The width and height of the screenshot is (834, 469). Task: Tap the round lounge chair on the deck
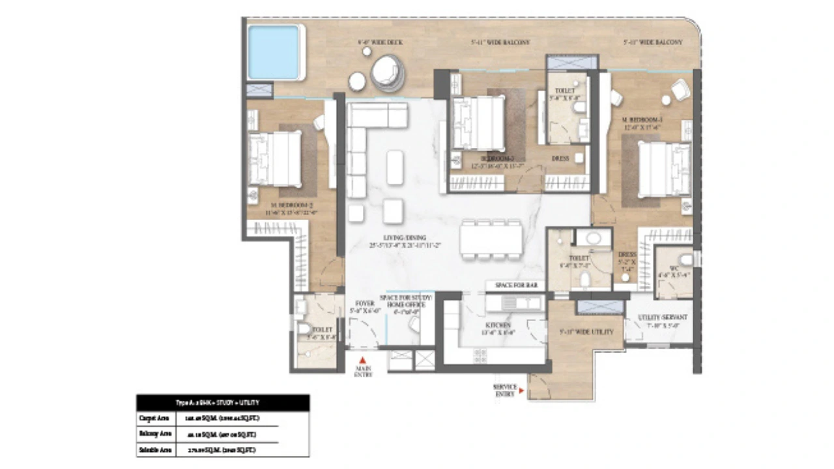tap(387, 72)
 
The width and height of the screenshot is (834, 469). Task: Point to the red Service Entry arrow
tap(521, 393)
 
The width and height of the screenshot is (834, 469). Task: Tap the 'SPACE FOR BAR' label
tap(517, 286)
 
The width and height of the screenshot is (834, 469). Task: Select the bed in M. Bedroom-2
tap(274, 159)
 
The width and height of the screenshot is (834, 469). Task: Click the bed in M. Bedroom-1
tap(664, 169)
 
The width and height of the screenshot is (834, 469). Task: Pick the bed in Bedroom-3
tap(478, 124)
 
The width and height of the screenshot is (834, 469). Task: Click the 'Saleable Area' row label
tap(155, 449)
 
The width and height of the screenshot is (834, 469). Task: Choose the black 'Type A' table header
tap(222, 403)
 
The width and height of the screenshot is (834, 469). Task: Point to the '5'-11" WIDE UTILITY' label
tap(586, 332)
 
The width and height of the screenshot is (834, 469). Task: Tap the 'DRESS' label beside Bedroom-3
tap(560, 158)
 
